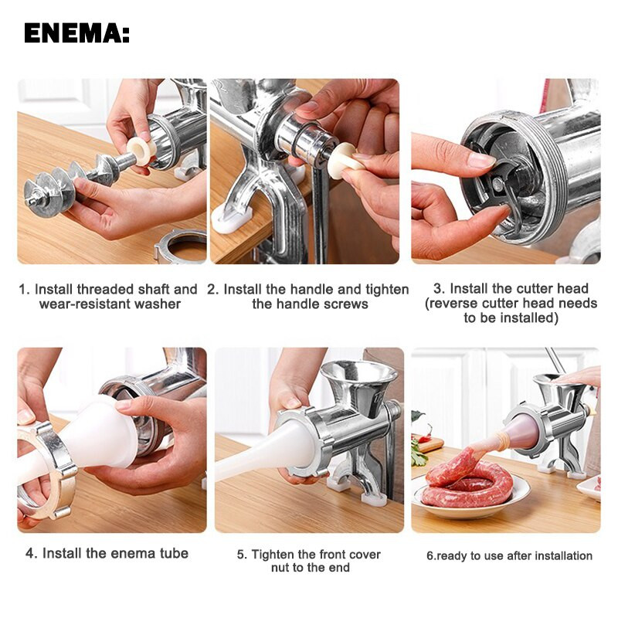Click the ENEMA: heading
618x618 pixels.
click(76, 33)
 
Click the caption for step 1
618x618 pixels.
click(109, 297)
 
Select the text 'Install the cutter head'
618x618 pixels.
click(511, 288)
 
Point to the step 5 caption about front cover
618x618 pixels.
click(308, 561)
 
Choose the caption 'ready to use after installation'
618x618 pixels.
click(509, 555)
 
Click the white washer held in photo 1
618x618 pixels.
click(140, 151)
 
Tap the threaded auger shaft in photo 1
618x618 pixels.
click(70, 182)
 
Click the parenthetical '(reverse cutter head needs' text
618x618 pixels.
click(511, 304)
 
